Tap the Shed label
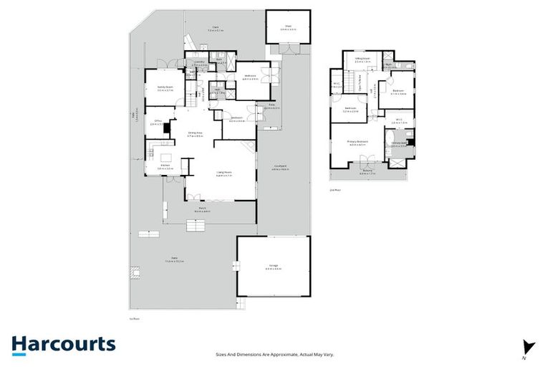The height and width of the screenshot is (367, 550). (287, 27)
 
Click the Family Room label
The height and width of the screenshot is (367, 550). (165, 89)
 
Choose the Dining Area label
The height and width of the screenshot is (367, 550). (196, 133)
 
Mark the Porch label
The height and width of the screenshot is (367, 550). (202, 210)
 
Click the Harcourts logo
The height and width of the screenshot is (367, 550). (62, 343)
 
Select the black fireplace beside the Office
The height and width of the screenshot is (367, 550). (166, 128)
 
